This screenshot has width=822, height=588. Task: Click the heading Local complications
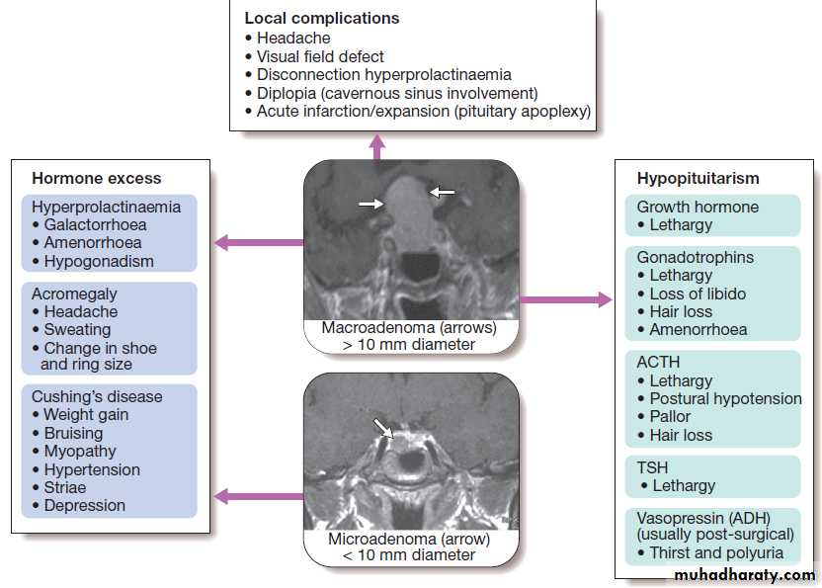pos(322,19)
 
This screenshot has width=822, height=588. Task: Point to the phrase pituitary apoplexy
pos(532,112)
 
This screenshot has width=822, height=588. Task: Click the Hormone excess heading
pos(97,179)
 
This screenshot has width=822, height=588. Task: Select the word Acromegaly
pos(74,294)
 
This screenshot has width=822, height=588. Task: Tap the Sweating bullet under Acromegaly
pos(77,330)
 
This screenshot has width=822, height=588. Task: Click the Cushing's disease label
pos(97,396)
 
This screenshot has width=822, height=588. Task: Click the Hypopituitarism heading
pos(698,179)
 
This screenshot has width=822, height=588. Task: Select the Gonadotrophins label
pos(695,257)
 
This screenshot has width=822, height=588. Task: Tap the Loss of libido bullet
pos(698,294)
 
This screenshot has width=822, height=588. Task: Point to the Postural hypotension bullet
pos(725,399)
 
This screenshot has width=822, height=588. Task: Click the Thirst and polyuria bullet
pos(716,552)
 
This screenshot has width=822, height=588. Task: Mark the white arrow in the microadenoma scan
pos(382,427)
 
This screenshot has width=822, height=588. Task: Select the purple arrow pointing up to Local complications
pos(376,145)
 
